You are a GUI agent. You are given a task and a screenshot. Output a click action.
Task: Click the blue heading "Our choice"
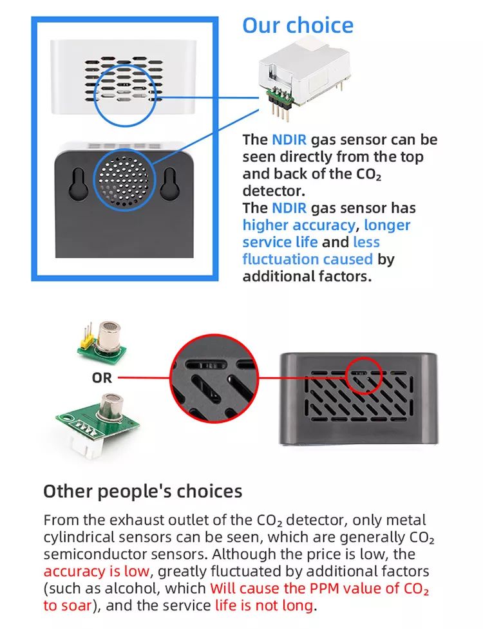[298, 25]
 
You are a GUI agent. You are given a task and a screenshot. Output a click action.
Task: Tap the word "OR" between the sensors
[102, 378]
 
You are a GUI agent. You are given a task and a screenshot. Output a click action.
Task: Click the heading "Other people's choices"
[142, 491]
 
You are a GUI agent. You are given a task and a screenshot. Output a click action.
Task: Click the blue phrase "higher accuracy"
[299, 225]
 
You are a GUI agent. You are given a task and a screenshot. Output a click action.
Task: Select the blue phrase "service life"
[280, 242]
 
